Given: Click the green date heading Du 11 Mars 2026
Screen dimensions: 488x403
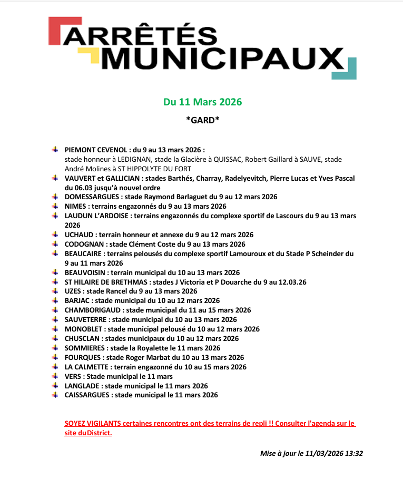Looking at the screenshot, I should click(202, 102).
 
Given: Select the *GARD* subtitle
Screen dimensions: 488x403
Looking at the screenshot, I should click(202, 120).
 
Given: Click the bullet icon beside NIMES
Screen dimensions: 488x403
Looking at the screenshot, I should click(55, 206).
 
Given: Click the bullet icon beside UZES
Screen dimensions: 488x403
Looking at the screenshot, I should click(55, 291).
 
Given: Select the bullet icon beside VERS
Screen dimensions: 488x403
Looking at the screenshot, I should click(55, 376).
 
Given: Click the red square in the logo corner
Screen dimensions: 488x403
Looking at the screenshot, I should click(54, 31).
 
